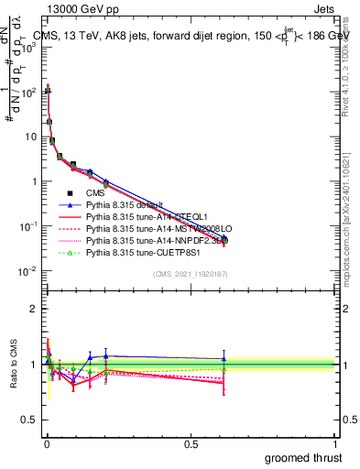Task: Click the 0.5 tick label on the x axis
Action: click(191, 442)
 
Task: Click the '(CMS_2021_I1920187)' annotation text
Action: click(190, 274)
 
